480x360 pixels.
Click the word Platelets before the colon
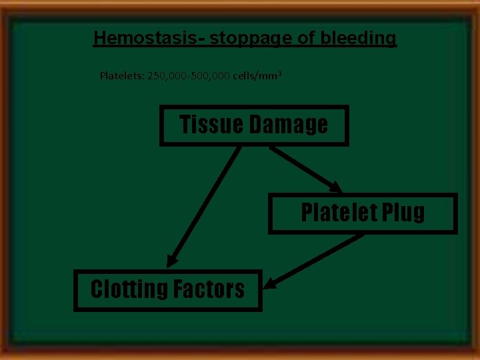119,75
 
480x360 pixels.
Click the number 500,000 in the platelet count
212,75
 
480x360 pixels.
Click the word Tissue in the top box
211,125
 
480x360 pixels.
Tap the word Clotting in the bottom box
129,289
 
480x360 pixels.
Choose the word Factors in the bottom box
209,289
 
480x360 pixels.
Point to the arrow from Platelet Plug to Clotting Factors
313,261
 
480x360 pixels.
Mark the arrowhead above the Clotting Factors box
172,261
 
